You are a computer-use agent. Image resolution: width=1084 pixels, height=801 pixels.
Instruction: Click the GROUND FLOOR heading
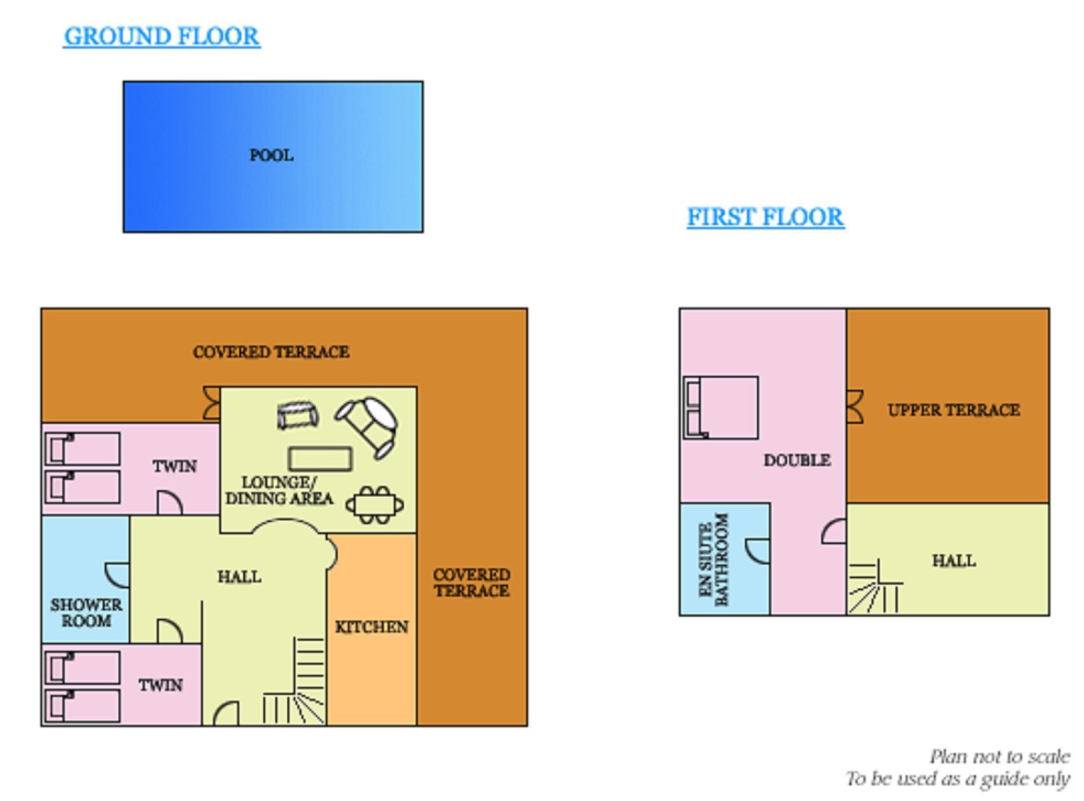[x=161, y=37]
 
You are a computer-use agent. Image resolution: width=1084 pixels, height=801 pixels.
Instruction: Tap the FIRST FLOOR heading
[x=766, y=217]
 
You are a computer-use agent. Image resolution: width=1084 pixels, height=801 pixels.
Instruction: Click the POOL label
[x=272, y=155]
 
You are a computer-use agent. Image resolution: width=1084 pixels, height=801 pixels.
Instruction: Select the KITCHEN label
[x=371, y=627]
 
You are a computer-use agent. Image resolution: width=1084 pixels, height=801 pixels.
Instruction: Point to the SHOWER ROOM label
[x=86, y=613]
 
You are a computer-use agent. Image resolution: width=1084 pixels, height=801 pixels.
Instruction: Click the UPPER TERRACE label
[x=954, y=410]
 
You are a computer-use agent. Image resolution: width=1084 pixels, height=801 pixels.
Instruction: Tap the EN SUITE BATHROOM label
[x=714, y=559]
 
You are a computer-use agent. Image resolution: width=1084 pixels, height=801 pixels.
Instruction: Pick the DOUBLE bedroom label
[x=797, y=460]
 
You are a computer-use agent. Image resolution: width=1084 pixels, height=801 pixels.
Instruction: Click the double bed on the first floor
[x=720, y=407]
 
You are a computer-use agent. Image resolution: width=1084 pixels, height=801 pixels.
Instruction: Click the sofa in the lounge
[x=298, y=416]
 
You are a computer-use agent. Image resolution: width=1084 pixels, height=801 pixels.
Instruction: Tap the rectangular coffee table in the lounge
[x=320, y=459]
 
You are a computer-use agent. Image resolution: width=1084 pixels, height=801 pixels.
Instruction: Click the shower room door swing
[x=117, y=574]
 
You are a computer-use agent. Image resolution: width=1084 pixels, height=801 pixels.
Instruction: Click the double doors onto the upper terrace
[x=855, y=407]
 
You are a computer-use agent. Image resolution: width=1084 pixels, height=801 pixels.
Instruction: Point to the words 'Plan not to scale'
[x=999, y=757]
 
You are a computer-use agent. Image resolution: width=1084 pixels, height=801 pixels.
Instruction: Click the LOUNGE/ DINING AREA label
[x=279, y=491]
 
